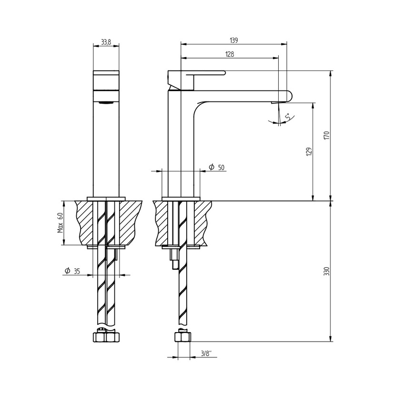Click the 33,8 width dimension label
[x=106, y=42]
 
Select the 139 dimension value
[x=233, y=40]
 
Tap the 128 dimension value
[x=229, y=54]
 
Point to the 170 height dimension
[x=326, y=135]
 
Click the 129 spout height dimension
[x=309, y=152]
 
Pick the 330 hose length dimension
[x=326, y=271]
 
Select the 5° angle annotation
[x=287, y=116]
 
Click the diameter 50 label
[x=217, y=167]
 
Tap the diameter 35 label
[x=72, y=271]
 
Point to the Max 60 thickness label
[x=61, y=222]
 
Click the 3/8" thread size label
[x=206, y=353]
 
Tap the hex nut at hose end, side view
[x=183, y=337]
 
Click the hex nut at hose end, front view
[x=106, y=337]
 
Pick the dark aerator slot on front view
[x=106, y=101]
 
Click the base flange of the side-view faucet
[x=181, y=199]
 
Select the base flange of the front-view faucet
[x=106, y=199]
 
